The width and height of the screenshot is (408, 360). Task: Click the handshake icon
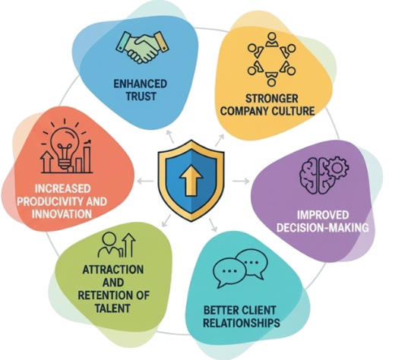pos(142,47)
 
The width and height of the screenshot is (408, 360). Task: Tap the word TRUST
pos(141,96)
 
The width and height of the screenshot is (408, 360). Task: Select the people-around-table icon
pos(272,59)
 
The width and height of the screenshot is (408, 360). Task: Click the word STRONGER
pos(272,99)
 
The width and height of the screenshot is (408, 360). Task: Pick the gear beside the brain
pos(337,168)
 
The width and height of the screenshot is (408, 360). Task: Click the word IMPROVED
pos(323,215)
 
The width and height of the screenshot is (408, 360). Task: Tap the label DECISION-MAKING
pos(322,228)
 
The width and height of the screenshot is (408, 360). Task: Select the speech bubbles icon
pos(240,268)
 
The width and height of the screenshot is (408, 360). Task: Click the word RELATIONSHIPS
pos(241,323)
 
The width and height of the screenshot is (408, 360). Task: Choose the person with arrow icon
pos(116,245)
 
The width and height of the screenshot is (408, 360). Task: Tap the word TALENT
pos(112,308)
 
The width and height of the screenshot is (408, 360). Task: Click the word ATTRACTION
pos(113,270)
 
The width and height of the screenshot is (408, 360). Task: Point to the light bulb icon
pos(66,147)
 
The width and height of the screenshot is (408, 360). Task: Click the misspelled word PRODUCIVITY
pos(50,201)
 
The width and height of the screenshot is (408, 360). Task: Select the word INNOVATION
pos(62,214)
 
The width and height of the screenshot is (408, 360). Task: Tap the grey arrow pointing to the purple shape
pos(241,181)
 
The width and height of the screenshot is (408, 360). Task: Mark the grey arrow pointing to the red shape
pos(145,181)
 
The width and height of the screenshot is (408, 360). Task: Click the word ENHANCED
pos(141,84)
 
